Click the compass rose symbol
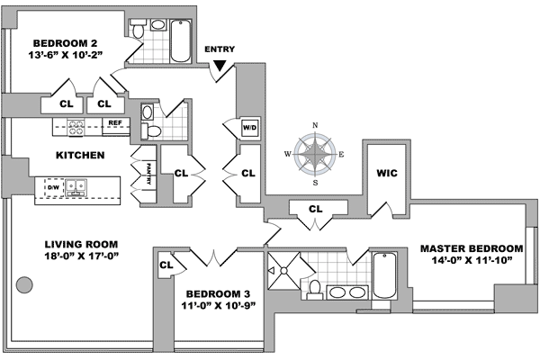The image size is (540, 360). (x=315, y=154)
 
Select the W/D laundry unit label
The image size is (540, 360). (x=249, y=129)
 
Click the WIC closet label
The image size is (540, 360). (x=387, y=172)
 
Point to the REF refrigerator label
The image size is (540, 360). (x=114, y=123)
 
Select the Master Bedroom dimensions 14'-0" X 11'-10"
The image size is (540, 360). (x=472, y=262)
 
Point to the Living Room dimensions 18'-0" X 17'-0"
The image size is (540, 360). (x=81, y=256)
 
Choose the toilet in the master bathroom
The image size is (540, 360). (x=315, y=287)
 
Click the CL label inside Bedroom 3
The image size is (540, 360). (x=166, y=265)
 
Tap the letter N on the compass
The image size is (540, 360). (x=315, y=126)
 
